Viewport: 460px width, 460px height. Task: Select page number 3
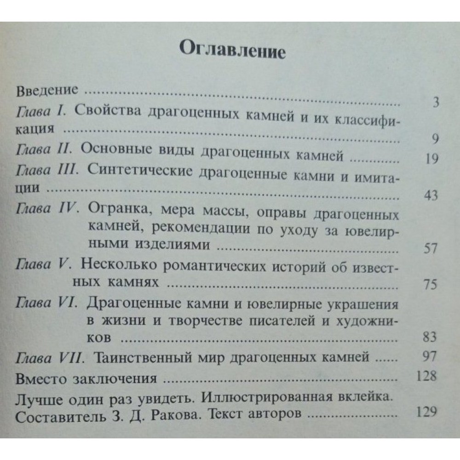(436, 102)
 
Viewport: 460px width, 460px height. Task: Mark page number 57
(431, 249)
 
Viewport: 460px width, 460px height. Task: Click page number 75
(430, 285)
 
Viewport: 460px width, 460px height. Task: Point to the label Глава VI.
(48, 304)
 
